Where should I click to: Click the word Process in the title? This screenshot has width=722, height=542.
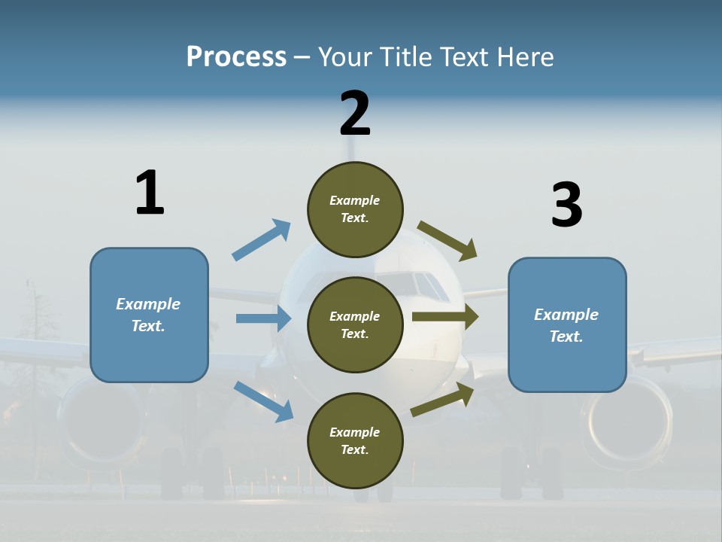point(236,57)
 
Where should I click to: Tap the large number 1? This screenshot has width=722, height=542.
point(149,193)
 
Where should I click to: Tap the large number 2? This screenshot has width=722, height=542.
point(355,114)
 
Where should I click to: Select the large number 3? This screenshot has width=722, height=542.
point(566,205)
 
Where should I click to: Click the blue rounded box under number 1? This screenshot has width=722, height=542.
point(149,315)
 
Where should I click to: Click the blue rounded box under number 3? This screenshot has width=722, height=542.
point(567,325)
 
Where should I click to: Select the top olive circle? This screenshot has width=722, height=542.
point(355,209)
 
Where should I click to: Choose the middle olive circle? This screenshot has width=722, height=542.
point(355,325)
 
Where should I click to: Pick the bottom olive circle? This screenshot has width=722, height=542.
point(355,441)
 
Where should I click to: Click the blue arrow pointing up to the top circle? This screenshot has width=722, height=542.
point(261,240)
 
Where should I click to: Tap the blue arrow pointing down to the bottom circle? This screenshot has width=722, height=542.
point(263,401)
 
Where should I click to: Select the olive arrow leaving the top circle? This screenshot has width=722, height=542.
point(447,240)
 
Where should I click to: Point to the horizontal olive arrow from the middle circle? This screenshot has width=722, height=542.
point(444,316)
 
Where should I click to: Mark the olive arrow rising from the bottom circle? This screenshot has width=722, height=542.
point(442,399)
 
